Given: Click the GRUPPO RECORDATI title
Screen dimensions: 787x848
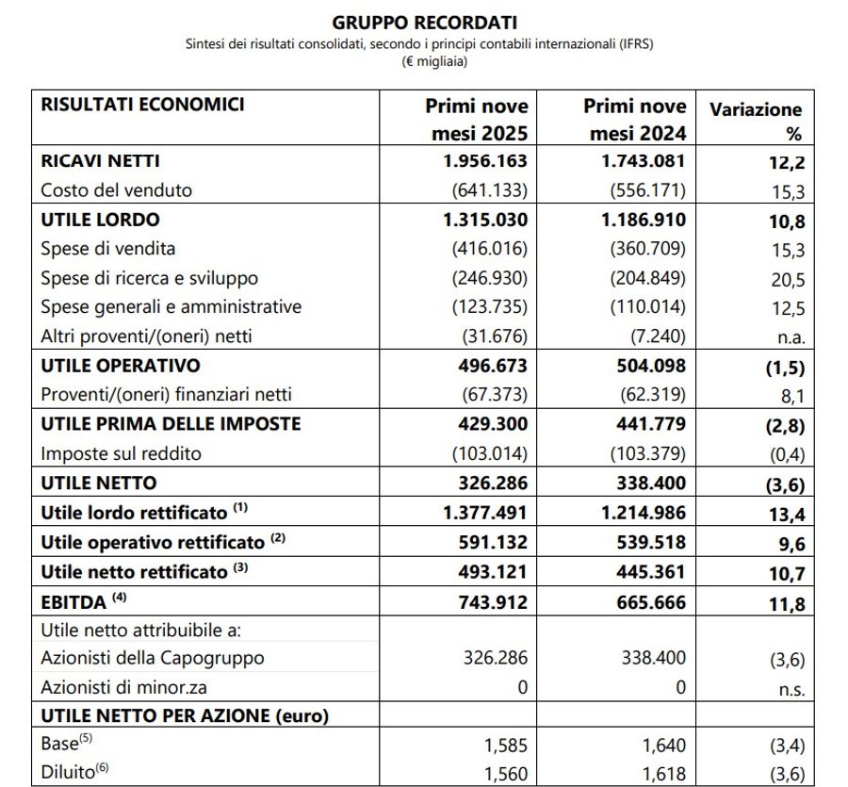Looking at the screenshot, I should [425, 21].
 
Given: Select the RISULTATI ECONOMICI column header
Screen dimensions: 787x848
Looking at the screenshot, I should [142, 105].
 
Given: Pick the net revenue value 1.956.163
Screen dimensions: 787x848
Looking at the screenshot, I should [485, 161].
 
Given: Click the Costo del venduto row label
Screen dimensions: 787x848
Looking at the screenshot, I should [116, 190].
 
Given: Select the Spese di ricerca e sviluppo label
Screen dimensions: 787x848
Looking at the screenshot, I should [149, 278].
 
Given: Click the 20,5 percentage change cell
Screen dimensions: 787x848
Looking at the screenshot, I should [786, 279].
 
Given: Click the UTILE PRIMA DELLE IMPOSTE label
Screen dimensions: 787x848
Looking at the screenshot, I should [171, 424].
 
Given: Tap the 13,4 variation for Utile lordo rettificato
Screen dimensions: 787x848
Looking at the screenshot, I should [786, 514].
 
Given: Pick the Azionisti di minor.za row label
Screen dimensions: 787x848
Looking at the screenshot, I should [126, 688].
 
